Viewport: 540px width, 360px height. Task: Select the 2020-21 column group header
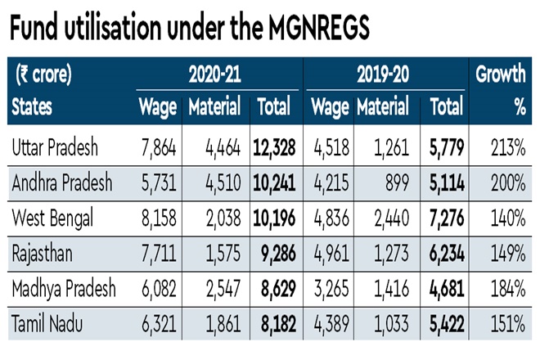click(x=215, y=75)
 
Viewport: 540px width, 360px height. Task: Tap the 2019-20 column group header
click(x=383, y=75)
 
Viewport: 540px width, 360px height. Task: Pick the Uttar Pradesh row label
click(x=56, y=147)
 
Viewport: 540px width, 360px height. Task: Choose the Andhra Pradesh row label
click(x=61, y=182)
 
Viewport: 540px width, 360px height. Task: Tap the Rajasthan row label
click(x=43, y=254)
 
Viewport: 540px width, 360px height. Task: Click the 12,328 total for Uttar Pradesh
click(x=274, y=147)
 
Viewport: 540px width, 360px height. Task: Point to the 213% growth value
click(x=508, y=147)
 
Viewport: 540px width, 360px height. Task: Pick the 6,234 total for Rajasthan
click(x=443, y=254)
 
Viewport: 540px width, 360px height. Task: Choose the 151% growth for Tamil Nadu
click(x=508, y=325)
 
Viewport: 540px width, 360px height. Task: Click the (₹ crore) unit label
click(x=44, y=75)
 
